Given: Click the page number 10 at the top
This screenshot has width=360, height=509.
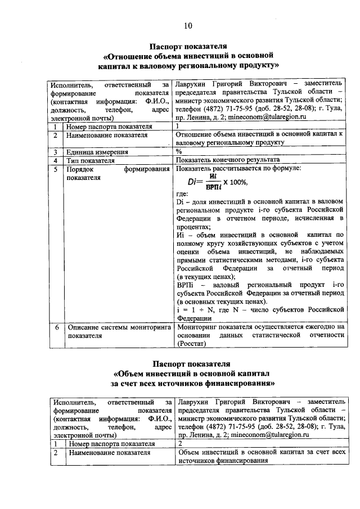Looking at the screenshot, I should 188,25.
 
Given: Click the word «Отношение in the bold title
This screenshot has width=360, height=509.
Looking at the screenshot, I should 129,56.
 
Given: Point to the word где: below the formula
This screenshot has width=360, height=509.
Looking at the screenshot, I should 182,193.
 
